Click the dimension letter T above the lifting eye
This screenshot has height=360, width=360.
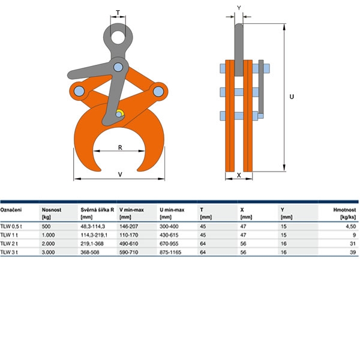(118, 13)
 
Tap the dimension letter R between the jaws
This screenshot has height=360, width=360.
(120, 148)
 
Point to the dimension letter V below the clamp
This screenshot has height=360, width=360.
(120, 175)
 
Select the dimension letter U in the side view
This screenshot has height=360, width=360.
(292, 97)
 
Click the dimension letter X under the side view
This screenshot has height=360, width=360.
(239, 175)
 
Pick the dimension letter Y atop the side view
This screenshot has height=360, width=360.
(239, 8)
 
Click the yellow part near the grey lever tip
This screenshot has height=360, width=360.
(121, 112)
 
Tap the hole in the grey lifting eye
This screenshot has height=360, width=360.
(118, 36)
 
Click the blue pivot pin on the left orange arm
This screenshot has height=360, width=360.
(79, 91)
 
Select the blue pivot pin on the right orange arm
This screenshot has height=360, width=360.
(158, 92)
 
